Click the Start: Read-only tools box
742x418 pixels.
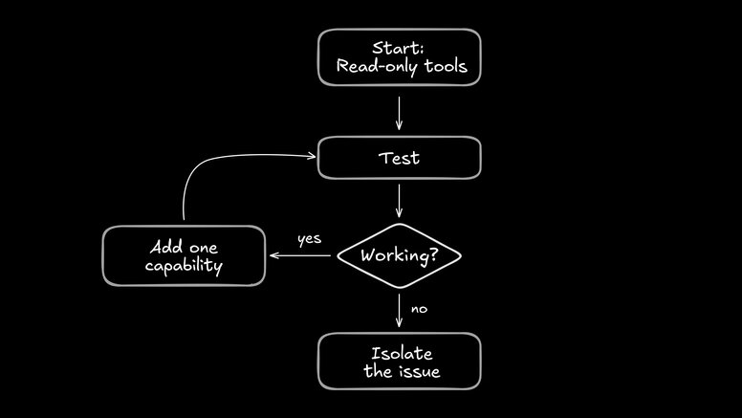coord(399,57)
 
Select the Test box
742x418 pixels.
coord(399,158)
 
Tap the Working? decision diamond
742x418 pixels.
coord(399,256)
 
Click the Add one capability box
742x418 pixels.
coord(184,255)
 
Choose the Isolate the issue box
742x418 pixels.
coord(399,362)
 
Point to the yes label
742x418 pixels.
coord(309,239)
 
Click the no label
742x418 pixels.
coord(419,309)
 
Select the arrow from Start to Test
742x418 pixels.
coord(399,112)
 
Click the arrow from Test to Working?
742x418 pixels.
coord(399,200)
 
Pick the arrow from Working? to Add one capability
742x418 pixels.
coord(301,255)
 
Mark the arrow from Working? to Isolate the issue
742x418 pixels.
coord(399,309)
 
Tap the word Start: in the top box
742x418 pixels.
coord(399,48)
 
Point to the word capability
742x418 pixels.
coord(184,266)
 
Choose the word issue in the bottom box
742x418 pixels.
coord(420,372)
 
